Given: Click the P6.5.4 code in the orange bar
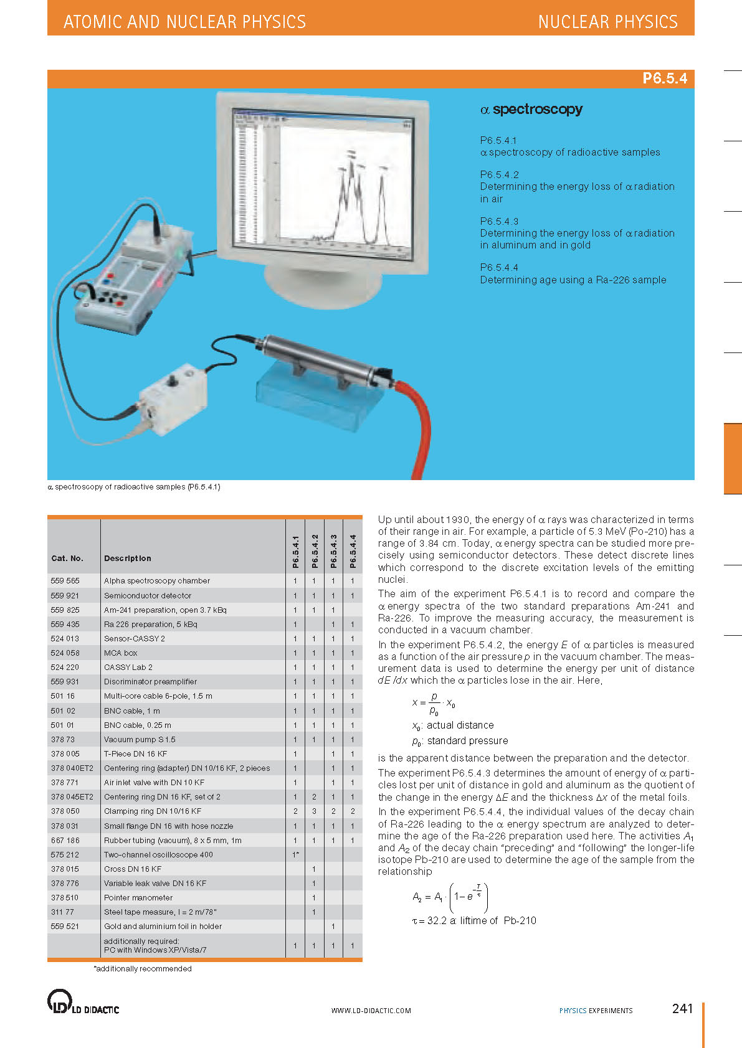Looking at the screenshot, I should tap(664, 78).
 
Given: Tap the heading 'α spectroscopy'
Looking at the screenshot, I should tap(531, 110).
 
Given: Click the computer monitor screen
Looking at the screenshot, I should tap(321, 177).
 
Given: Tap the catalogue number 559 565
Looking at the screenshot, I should tap(65, 581).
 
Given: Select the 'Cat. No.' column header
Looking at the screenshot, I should tap(67, 559).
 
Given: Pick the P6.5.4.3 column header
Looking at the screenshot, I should tap(333, 551).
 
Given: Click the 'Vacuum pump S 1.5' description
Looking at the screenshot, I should tap(140, 739).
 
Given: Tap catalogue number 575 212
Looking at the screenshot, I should tap(65, 854).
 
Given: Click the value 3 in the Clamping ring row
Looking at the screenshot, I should tap(314, 811).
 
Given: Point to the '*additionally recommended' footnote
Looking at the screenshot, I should tap(143, 969).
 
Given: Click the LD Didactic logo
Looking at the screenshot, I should tap(83, 1002).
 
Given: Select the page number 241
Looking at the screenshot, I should tap(682, 1009).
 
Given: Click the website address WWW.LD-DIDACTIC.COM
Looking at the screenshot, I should tap(371, 1011).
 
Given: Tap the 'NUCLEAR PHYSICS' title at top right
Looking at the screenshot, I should tap(607, 22).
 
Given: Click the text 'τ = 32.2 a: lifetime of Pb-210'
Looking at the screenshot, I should tap(473, 920).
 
